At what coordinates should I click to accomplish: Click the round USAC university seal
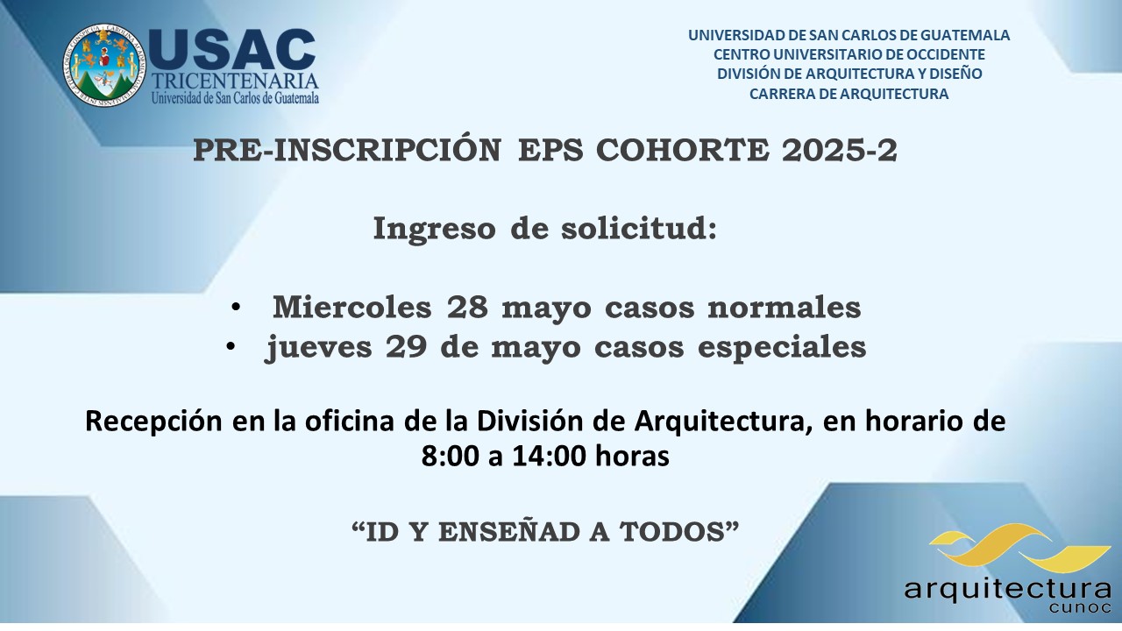click(x=104, y=65)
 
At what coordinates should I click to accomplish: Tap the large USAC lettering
click(x=232, y=50)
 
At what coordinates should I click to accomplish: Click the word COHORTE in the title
click(x=682, y=150)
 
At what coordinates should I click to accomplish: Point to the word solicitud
click(x=639, y=229)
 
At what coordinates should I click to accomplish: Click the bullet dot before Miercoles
click(x=236, y=307)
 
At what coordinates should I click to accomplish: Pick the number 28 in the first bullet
click(x=467, y=307)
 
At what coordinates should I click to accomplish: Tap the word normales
click(x=785, y=307)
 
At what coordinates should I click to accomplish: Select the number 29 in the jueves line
click(x=406, y=346)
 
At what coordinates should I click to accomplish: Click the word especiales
click(x=782, y=347)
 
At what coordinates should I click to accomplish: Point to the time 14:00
click(x=549, y=457)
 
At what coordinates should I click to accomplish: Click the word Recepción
click(x=153, y=422)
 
